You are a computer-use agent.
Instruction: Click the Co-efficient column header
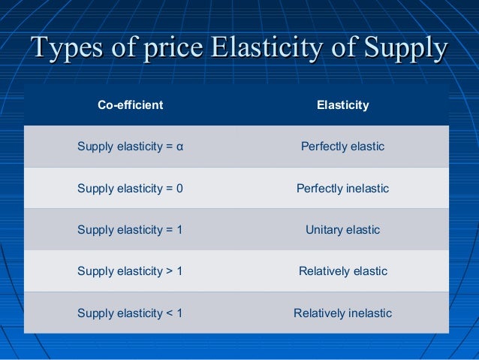click(130, 105)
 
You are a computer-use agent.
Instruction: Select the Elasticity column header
click(342, 105)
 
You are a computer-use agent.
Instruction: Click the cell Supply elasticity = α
click(130, 147)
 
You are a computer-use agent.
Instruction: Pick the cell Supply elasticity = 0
click(130, 188)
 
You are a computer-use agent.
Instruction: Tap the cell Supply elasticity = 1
click(130, 229)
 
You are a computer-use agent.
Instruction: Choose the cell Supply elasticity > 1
click(130, 271)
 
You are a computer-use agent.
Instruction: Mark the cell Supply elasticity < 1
click(130, 313)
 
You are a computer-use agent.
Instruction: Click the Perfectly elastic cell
click(342, 147)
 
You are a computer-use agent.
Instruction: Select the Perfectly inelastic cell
click(342, 188)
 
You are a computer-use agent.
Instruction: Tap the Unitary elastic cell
click(342, 229)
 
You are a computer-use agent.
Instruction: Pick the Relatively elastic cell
click(342, 271)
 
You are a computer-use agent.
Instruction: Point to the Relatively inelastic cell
click(342, 313)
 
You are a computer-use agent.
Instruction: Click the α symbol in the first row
click(179, 147)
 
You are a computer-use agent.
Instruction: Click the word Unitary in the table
click(324, 229)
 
